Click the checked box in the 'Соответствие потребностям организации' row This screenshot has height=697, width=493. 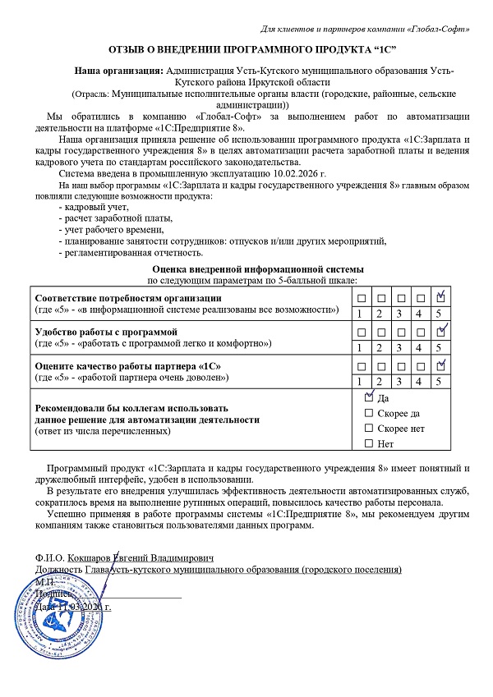click(441, 296)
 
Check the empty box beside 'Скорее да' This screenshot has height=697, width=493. click(368, 413)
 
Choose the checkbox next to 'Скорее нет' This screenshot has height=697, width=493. click(368, 429)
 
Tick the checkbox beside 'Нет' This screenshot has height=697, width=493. click(368, 444)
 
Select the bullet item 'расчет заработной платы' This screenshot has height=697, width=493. click(115, 218)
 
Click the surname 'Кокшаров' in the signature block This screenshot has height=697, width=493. click(89, 556)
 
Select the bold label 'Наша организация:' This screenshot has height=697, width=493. click(118, 71)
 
